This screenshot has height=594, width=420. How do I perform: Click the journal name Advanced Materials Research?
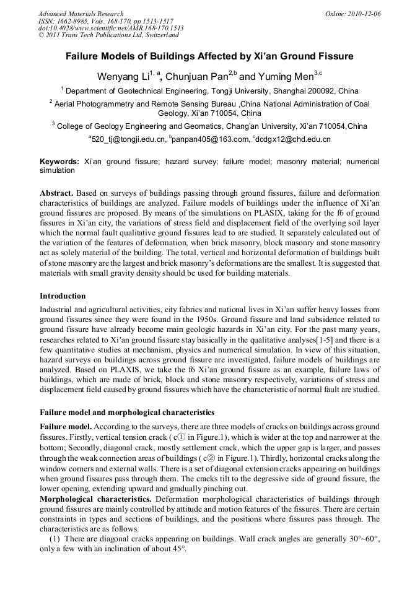pyautogui.click(x=81, y=14)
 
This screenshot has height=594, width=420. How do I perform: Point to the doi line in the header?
pyautogui.click(x=110, y=28)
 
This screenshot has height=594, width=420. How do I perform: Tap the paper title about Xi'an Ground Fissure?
pyautogui.click(x=209, y=56)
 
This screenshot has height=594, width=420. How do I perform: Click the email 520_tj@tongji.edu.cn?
pyautogui.click(x=129, y=139)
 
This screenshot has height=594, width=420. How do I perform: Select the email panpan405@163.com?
pyautogui.click(x=211, y=139)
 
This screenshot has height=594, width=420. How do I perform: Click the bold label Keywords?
pyautogui.click(x=59, y=161)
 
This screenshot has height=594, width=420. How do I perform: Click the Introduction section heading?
pyautogui.click(x=63, y=295)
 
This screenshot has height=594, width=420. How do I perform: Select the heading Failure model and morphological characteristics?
pyautogui.click(x=127, y=412)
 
